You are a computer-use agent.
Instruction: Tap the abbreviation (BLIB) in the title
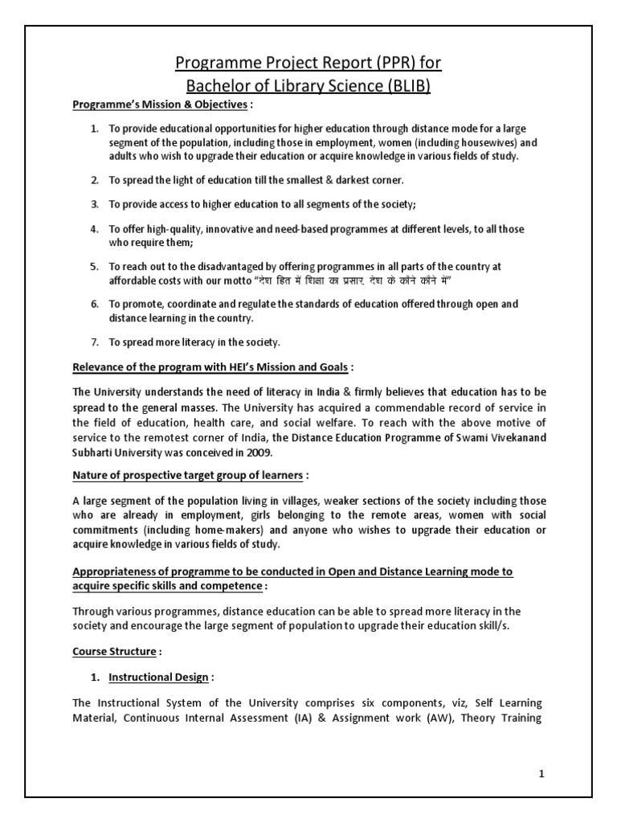click(x=406, y=85)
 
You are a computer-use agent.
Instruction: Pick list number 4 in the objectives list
click(x=93, y=229)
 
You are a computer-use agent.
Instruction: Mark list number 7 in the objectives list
click(x=93, y=342)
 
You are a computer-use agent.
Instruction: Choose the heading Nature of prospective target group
click(x=190, y=475)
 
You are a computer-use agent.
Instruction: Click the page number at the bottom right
click(x=541, y=773)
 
